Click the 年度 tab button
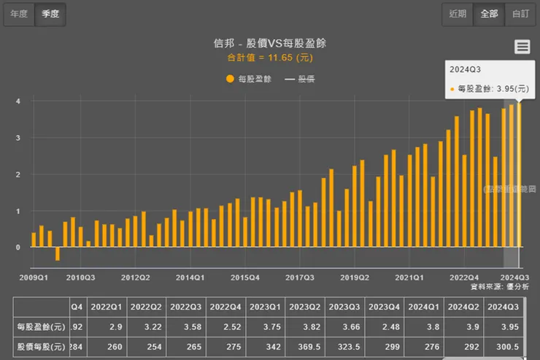click(x=19, y=14)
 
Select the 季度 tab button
click(x=51, y=14)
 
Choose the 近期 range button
click(x=458, y=14)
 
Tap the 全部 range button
click(x=489, y=14)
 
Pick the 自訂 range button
click(x=520, y=14)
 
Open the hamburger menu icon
click(x=522, y=47)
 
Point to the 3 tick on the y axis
click(x=18, y=137)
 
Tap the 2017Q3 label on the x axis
click(x=300, y=277)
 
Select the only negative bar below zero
click(x=58, y=253)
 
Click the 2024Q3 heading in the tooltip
click(x=465, y=69)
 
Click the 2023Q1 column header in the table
click(x=263, y=307)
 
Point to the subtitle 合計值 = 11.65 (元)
click(x=269, y=57)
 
